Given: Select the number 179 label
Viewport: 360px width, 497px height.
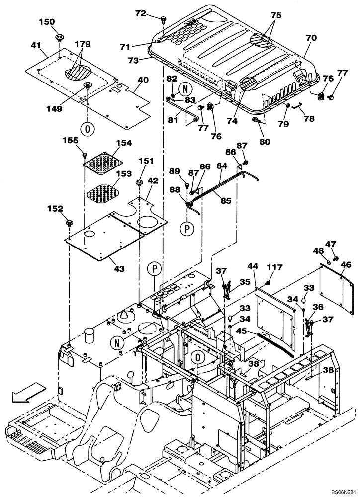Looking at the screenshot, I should [x=83, y=44].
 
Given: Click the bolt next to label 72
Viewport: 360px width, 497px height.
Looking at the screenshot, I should [x=163, y=19].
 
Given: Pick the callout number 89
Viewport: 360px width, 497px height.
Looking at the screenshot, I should [x=174, y=171].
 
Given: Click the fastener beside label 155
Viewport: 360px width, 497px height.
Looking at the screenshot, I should [x=85, y=154].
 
